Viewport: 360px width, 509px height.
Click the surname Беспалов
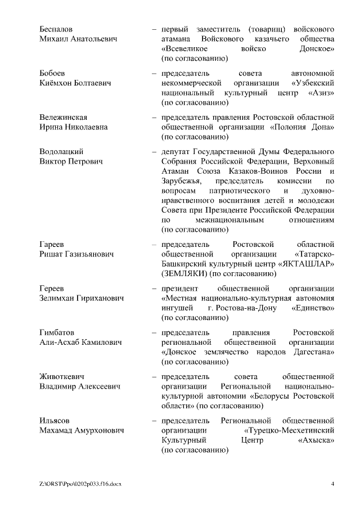pos(56,28)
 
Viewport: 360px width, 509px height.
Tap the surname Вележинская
pos(63,118)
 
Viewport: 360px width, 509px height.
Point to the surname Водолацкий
pos(61,152)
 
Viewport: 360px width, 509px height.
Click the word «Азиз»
pos(321,93)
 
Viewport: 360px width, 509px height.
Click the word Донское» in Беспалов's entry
pos(317,48)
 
